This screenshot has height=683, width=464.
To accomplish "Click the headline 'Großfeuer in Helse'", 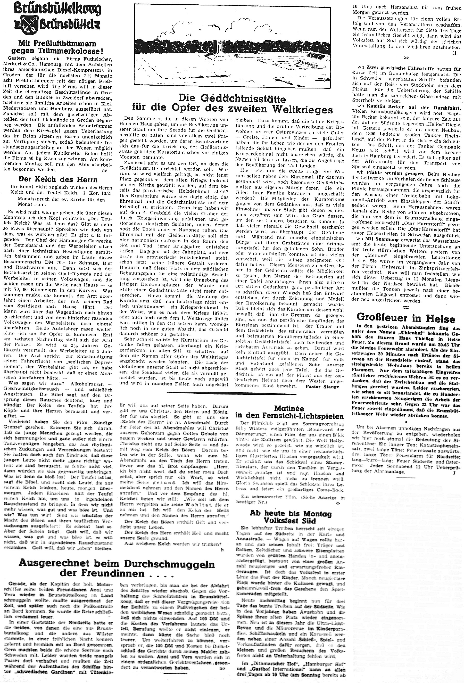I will pos(405,318).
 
